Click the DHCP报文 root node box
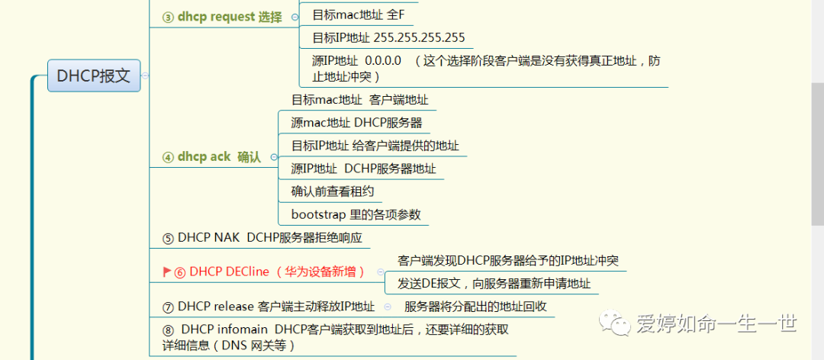coord(94,76)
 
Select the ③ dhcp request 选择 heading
coord(222,17)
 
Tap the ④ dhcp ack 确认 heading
coord(211,156)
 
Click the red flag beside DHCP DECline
coord(166,272)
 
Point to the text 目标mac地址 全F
coord(358,14)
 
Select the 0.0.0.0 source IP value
coord(382,60)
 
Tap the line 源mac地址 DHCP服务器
coord(356,122)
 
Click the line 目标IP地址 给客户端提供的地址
coord(375,145)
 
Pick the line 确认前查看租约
coord(332,191)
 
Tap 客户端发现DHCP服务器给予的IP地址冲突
coord(507,260)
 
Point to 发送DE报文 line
coord(494,284)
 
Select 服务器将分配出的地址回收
coord(475,307)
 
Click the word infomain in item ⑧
coord(245,329)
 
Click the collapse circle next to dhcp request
coord(295,17)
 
